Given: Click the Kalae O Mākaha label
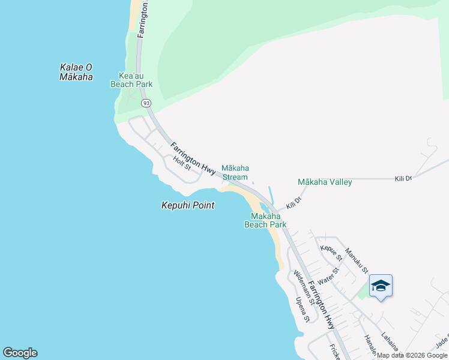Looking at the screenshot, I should (76, 72).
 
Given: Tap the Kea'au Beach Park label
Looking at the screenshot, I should (131, 80).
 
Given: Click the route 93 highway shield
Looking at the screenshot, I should (146, 103).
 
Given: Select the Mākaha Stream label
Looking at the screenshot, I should (235, 172).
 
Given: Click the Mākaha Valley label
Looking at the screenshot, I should (325, 182).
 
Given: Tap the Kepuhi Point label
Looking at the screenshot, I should (188, 205).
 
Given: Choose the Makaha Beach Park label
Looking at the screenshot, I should (265, 220).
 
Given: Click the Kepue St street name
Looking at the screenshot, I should (331, 253).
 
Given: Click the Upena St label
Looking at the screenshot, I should (301, 310).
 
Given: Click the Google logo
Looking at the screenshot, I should (20, 353).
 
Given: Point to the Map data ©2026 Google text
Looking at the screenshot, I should (412, 355).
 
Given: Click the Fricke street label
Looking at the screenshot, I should (334, 352).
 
